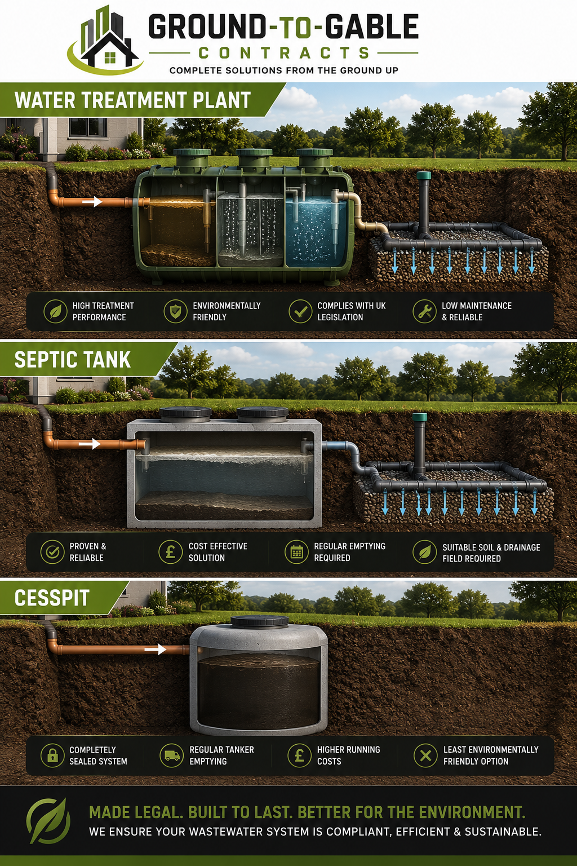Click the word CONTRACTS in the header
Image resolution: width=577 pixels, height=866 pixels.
click(284, 53)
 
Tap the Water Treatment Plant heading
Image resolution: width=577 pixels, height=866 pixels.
click(132, 100)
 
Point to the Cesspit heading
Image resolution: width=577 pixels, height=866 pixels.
click(52, 598)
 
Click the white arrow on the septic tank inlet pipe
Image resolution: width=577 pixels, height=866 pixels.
click(90, 444)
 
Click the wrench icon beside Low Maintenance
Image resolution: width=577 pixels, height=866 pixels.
click(424, 311)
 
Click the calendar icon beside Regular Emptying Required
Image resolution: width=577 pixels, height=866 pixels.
click(296, 552)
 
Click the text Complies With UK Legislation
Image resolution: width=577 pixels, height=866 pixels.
click(351, 311)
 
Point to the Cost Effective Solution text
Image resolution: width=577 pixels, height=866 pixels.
click(218, 552)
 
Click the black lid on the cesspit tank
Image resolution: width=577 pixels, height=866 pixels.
click(259, 621)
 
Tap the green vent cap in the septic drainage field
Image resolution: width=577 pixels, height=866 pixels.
click(420, 417)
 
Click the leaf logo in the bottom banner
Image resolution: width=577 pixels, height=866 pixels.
click(48, 820)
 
